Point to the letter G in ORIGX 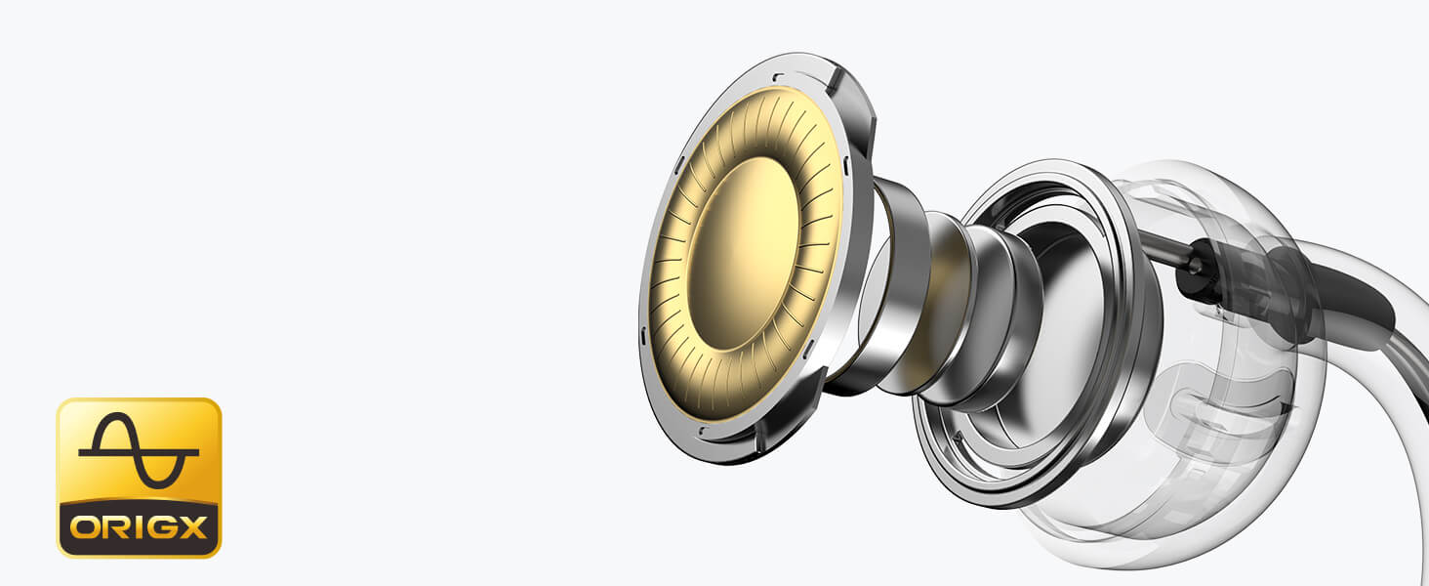pos(160,528)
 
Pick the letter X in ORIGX pos(191,528)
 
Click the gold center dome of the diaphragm pos(743,253)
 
